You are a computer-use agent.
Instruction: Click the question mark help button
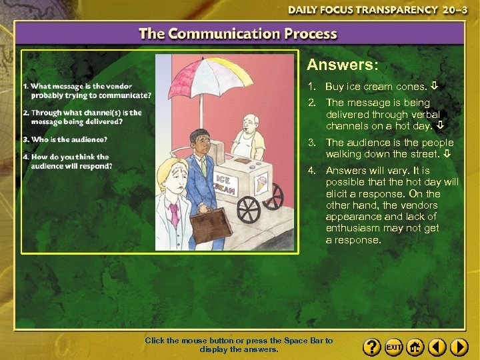click(372, 347)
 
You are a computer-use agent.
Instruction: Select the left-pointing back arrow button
click(437, 347)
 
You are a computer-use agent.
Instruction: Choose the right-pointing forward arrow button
click(459, 347)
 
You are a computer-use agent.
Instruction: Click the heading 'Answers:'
click(342, 65)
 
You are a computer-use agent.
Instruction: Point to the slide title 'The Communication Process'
click(238, 34)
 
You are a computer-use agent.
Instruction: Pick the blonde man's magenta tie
click(175, 215)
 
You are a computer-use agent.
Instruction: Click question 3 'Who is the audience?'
click(65, 139)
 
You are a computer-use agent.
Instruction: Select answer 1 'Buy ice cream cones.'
click(375, 87)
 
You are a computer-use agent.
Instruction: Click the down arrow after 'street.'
click(447, 155)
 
